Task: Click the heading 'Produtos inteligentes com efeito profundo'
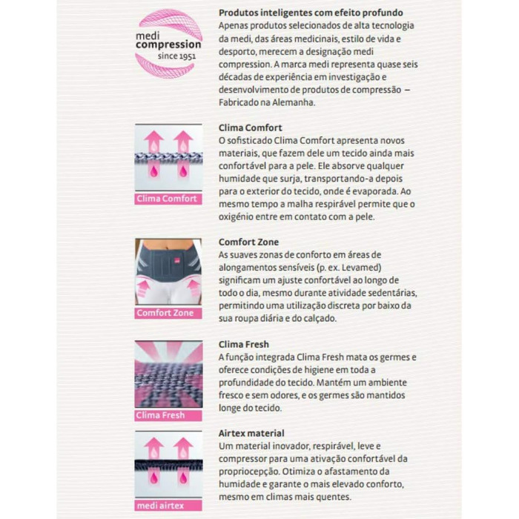pyautogui.click(x=311, y=13)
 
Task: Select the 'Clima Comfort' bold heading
pyautogui.click(x=250, y=128)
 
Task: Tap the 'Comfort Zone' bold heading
pyautogui.click(x=248, y=242)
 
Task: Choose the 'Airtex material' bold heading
pyautogui.click(x=251, y=433)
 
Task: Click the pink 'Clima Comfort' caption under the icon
pyautogui.click(x=168, y=199)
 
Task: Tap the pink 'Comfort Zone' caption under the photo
pyautogui.click(x=165, y=313)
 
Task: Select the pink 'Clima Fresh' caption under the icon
pyautogui.click(x=161, y=415)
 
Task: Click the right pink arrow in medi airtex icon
pyautogui.click(x=183, y=447)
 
